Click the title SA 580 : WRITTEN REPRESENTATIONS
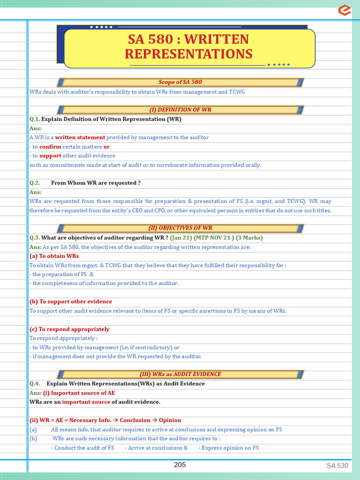click(188, 46)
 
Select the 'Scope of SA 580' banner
click(180, 82)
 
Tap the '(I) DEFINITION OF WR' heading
click(180, 110)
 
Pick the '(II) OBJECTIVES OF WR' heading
click(180, 228)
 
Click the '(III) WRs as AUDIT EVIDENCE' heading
click(180, 375)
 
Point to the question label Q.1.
click(35, 119)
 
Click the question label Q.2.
click(35, 183)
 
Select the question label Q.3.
click(35, 238)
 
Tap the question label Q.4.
click(35, 384)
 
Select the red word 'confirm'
click(50, 147)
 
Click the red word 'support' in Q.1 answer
click(50, 156)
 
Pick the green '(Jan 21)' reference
click(182, 238)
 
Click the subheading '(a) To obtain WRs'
click(54, 256)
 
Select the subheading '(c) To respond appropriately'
click(69, 329)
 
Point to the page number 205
click(180, 465)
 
